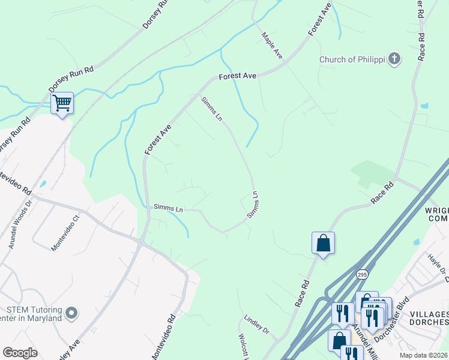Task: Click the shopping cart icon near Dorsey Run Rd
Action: (62, 103)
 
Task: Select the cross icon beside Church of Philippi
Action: (394, 59)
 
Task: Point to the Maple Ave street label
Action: (272, 45)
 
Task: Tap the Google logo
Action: (20, 353)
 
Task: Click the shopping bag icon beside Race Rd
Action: (323, 243)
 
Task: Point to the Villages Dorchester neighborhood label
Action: (430, 319)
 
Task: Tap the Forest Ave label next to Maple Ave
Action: (238, 76)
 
